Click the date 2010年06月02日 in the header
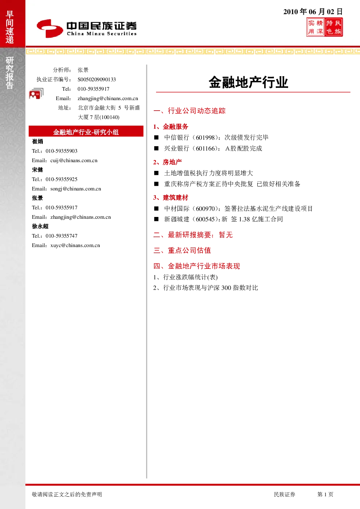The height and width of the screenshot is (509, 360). coord(313,12)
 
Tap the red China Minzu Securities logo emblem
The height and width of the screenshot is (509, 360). coord(50,28)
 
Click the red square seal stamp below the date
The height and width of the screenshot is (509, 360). coord(324,27)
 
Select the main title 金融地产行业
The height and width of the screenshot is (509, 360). coord(249,82)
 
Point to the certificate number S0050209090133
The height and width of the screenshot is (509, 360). coord(97,79)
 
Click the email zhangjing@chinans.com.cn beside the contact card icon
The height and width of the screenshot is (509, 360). coord(108,98)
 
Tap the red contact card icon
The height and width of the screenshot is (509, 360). coord(36,93)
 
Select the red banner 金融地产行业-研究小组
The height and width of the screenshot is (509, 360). coord(86,132)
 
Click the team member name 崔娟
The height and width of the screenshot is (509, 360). coord(37,141)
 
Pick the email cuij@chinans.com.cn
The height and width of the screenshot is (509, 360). coord(74,160)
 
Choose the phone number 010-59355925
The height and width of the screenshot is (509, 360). coord(61,179)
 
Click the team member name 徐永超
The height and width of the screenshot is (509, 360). coord(40,226)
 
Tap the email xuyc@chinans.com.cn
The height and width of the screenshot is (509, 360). coord(75,245)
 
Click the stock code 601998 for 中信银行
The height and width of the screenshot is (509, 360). coord(205,137)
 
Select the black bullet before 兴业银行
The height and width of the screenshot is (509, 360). coord(156,148)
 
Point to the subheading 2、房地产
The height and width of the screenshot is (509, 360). coord(168,162)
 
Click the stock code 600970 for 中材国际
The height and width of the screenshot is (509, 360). coord(205,208)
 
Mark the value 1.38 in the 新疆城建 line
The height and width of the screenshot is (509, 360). coord(244,219)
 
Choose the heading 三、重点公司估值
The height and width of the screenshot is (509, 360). coord(182,250)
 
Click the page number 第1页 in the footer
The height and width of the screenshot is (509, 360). coord(325,494)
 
